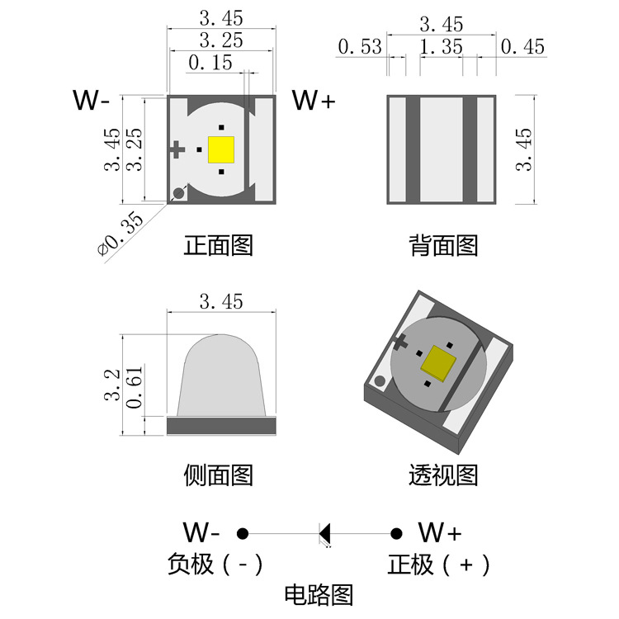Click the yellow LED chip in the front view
(221, 150)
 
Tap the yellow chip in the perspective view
(438, 362)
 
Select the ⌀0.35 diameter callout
(120, 234)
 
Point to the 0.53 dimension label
(359, 47)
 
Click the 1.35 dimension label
(441, 47)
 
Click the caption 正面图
(219, 245)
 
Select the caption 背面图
(443, 245)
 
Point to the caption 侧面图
(219, 475)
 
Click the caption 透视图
(443, 475)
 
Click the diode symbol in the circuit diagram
(324, 533)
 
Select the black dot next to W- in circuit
(243, 533)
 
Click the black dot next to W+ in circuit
(396, 533)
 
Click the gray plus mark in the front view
(176, 149)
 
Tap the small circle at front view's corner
(177, 194)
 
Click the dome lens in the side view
(220, 376)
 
